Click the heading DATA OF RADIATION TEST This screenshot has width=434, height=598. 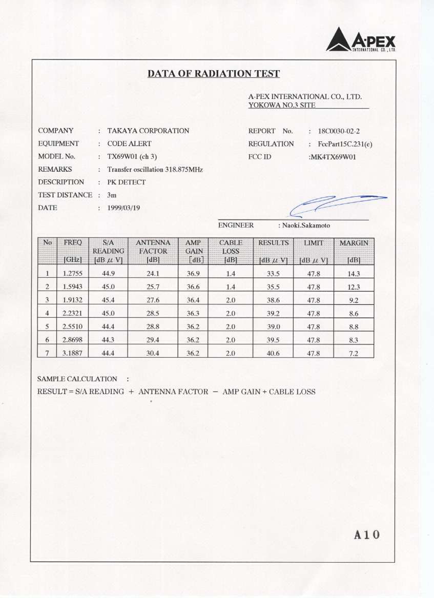214,74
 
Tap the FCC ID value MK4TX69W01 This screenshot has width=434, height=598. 332,157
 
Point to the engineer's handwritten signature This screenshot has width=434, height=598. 336,204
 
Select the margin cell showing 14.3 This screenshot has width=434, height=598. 354,274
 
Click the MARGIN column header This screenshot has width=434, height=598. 354,242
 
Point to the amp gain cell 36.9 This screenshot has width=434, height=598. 194,274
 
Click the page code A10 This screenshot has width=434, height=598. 367,535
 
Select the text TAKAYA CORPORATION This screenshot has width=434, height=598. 148,131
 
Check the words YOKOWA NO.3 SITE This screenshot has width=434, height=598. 281,105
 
